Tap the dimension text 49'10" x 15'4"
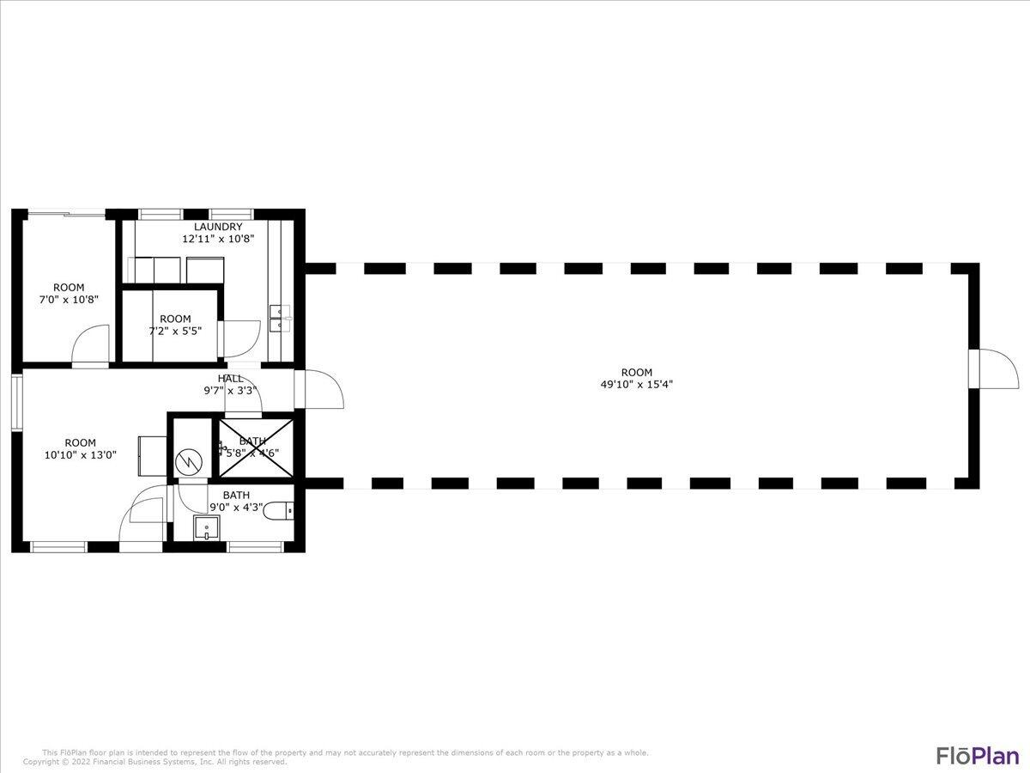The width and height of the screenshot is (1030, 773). (x=636, y=385)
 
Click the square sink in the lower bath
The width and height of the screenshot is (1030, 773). (x=206, y=527)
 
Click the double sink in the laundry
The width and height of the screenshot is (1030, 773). (x=280, y=319)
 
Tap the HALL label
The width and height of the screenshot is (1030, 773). (x=230, y=378)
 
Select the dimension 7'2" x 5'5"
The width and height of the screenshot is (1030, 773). (x=175, y=331)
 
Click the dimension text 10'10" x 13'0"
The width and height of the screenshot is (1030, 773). (x=80, y=455)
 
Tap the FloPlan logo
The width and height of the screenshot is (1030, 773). (x=977, y=756)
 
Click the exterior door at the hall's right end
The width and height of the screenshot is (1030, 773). (x=322, y=389)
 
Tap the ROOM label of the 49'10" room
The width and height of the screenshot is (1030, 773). (x=636, y=373)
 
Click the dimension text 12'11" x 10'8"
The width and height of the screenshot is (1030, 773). (x=217, y=240)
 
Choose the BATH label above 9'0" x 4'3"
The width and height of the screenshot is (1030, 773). (x=236, y=495)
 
